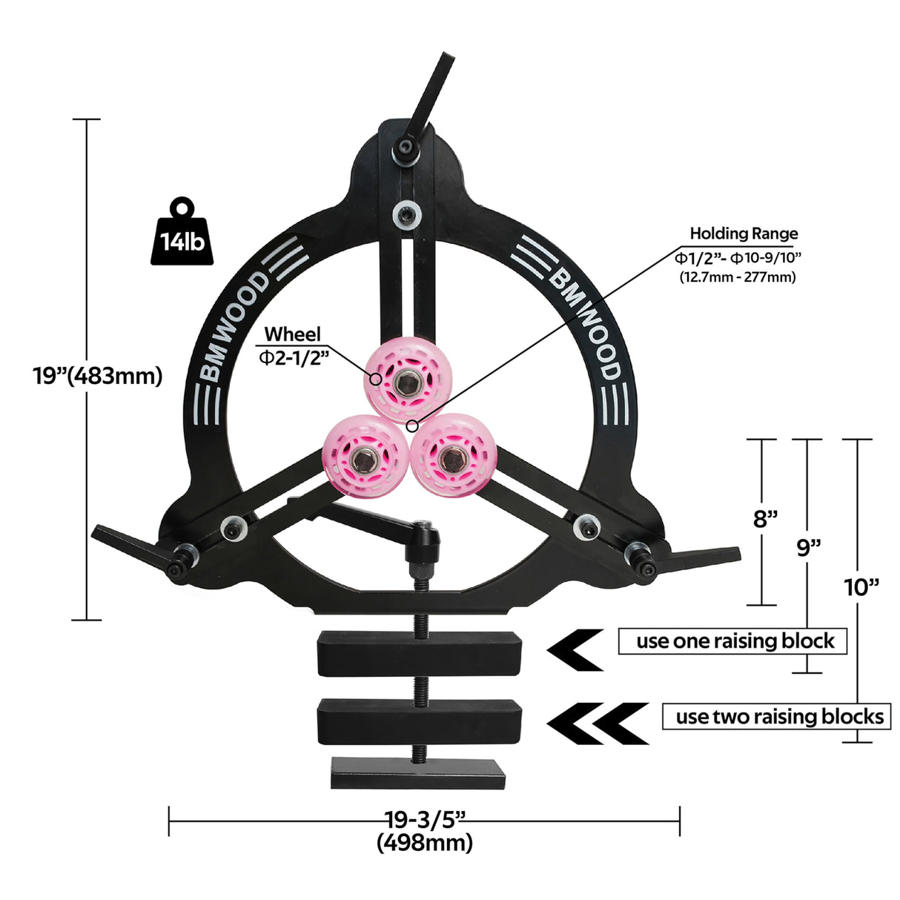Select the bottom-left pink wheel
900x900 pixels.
click(x=363, y=457)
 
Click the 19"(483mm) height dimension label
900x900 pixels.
click(x=97, y=375)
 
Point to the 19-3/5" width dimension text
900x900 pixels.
click(x=424, y=819)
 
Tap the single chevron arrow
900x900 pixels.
click(x=575, y=650)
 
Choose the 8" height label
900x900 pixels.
click(x=765, y=518)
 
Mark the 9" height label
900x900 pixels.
click(x=809, y=547)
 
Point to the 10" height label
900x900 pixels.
click(x=861, y=587)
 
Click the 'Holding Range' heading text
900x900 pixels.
click(x=744, y=234)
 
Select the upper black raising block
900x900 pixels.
click(x=420, y=652)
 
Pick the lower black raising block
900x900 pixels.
click(x=420, y=721)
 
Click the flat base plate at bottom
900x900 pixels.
click(x=418, y=772)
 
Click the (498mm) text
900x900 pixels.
click(x=424, y=843)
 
